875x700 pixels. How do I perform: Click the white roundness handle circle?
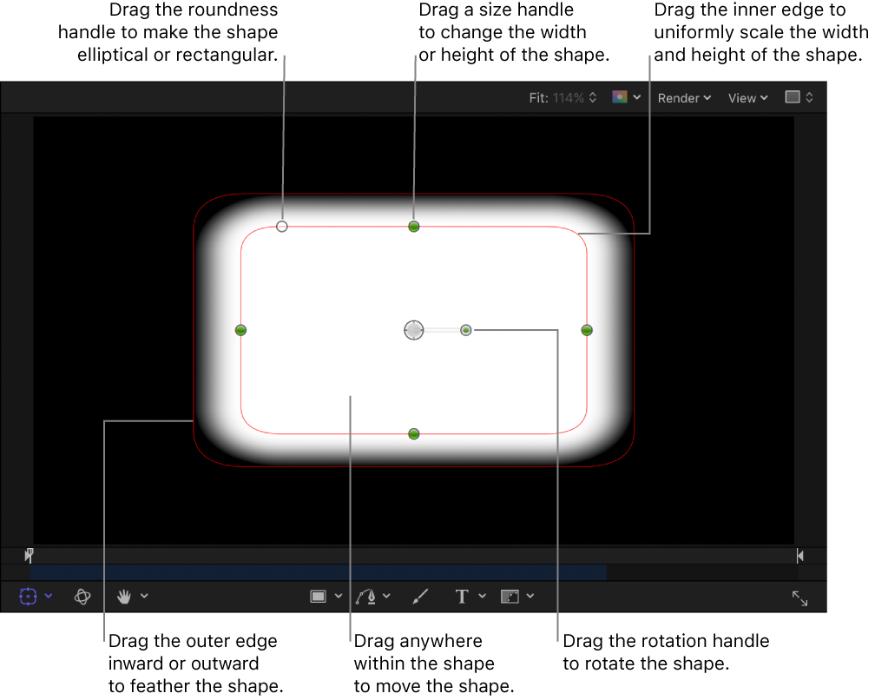[282, 227]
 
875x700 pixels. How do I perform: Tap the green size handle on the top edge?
[414, 227]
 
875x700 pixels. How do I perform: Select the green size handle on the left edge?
[241, 330]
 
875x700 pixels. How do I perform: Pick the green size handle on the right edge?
[587, 330]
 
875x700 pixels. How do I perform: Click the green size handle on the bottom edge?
[414, 433]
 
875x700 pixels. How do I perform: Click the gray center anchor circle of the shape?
[414, 330]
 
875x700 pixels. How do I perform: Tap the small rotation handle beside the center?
[466, 330]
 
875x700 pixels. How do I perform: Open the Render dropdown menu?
[684, 98]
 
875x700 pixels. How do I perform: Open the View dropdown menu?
[747, 98]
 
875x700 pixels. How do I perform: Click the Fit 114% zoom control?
[563, 98]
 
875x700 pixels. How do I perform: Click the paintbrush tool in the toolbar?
[420, 596]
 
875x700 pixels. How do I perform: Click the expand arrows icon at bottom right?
[799, 598]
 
